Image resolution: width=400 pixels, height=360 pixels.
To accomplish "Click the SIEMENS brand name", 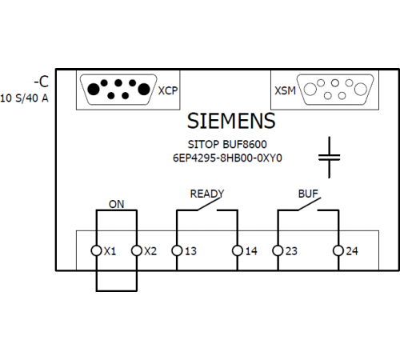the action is (231, 121).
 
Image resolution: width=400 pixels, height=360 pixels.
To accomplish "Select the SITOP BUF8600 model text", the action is (227, 144).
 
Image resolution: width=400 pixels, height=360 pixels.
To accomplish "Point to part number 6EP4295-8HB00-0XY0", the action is (227, 158).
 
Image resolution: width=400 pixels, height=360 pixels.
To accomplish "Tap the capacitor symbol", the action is (330, 158).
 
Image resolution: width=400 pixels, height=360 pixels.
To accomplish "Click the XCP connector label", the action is (168, 90).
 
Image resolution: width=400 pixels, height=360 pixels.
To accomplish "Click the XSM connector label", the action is (286, 90).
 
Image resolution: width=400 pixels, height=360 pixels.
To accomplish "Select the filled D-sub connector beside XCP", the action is (118, 90).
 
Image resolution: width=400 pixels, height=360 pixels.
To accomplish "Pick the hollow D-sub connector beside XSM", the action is (335, 90).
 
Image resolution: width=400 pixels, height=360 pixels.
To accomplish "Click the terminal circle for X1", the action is (96, 250).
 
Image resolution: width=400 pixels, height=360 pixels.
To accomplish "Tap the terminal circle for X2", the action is (137, 250).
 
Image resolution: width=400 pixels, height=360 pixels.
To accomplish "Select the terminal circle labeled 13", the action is (177, 250).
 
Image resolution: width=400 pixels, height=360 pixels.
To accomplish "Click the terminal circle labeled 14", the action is (238, 250).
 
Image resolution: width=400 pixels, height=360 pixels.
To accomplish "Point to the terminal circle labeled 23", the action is (278, 250).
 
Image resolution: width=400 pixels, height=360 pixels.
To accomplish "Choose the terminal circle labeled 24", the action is (338, 250).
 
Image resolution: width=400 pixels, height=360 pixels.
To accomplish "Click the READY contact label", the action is (207, 194).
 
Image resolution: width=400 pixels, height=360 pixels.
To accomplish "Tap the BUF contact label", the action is (308, 194).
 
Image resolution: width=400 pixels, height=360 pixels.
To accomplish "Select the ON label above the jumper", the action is (117, 204).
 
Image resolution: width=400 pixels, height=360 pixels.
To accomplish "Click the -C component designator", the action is (42, 82).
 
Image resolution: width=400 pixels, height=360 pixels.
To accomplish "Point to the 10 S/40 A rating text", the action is (24, 98).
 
